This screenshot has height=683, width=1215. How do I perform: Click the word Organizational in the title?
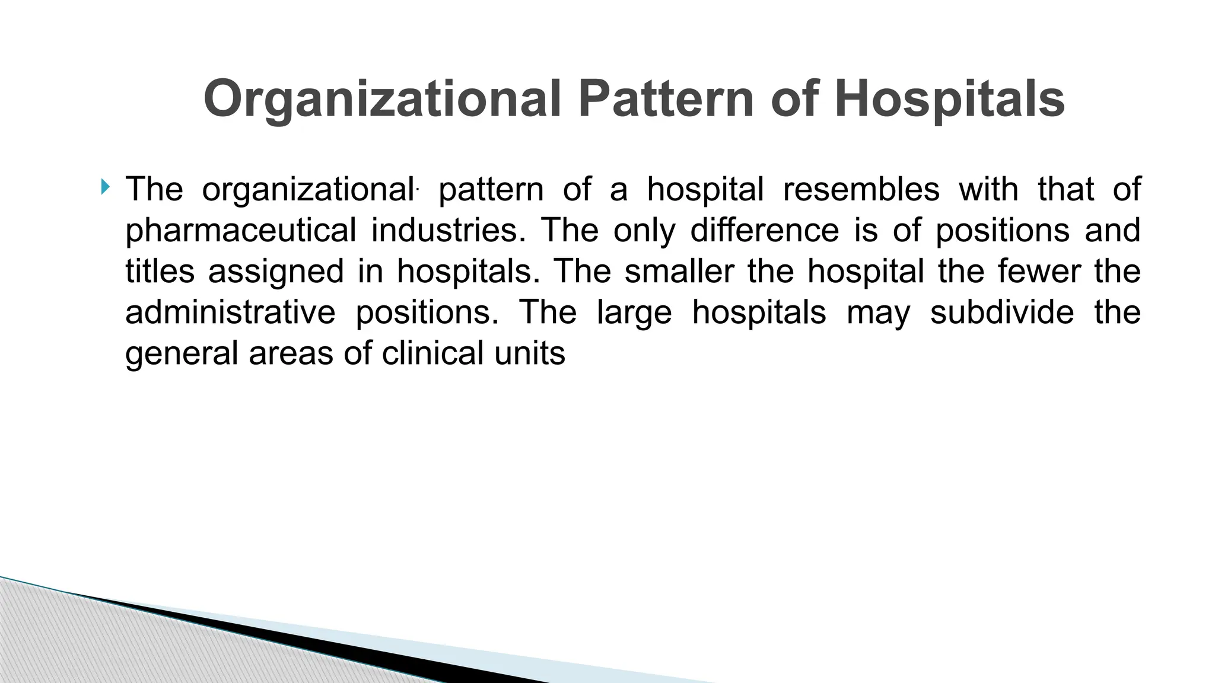(382, 100)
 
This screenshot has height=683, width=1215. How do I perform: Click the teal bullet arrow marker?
(106, 188)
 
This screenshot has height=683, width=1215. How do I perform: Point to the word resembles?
(861, 189)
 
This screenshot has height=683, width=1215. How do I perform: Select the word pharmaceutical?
(241, 231)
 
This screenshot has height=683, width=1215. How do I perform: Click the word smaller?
(679, 271)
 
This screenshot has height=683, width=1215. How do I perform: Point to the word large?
(634, 313)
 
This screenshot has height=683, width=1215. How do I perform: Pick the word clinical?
(432, 353)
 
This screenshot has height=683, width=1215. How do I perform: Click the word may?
(878, 313)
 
